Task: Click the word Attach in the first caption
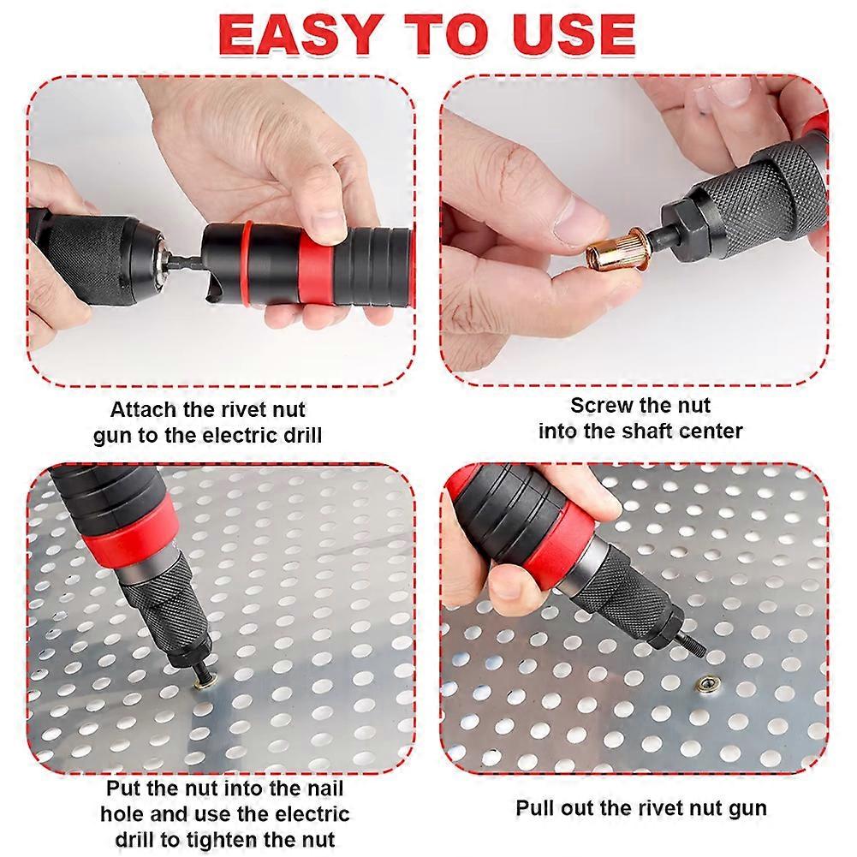144,409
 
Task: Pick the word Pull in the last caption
535,807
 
